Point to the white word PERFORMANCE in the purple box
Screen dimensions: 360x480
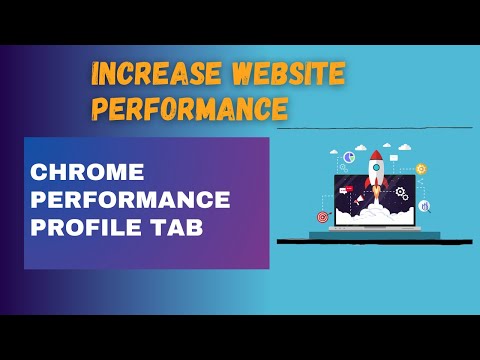tap(131, 198)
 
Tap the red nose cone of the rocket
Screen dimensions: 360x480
tap(377, 156)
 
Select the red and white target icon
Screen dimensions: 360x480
tap(323, 216)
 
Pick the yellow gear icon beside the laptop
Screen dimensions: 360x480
tap(421, 169)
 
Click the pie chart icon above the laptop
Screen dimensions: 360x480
tap(350, 157)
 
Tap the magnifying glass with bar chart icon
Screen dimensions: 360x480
tap(425, 207)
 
